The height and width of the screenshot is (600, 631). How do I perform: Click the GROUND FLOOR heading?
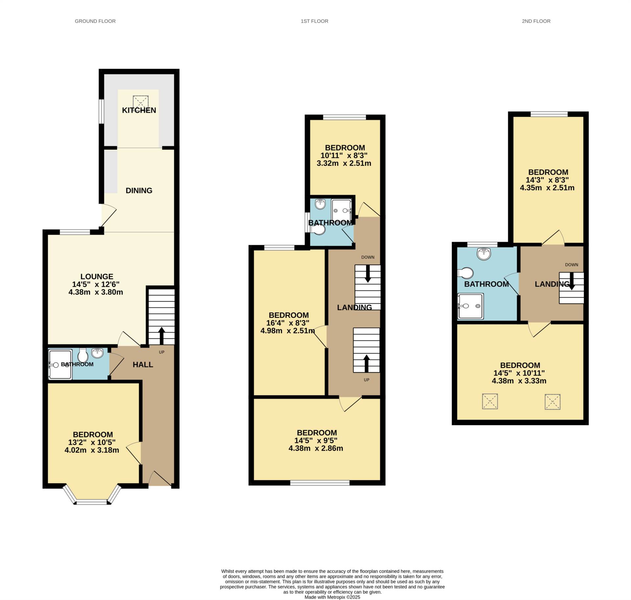[x=95, y=21]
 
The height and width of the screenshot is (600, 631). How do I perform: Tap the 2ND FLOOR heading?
[x=536, y=21]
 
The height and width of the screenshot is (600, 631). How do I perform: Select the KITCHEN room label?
[x=139, y=110]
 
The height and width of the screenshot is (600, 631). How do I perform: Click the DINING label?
[x=139, y=190]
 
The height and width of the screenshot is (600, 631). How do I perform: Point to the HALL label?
[x=143, y=365]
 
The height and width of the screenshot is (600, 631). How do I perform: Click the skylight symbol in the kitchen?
[x=141, y=101]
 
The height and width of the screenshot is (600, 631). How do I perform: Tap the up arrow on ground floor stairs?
[x=162, y=335]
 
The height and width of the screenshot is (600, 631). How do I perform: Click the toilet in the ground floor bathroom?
[x=83, y=355]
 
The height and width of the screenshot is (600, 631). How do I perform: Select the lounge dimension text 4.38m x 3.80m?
[x=96, y=292]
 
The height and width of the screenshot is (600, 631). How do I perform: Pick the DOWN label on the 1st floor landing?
[x=368, y=257]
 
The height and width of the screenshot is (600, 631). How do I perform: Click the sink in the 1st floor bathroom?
[x=320, y=204]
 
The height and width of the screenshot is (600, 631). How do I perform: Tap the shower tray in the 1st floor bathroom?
[x=341, y=210]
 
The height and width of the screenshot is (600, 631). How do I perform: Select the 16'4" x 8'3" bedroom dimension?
[x=288, y=323]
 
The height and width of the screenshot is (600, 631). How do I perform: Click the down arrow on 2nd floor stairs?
[x=572, y=281]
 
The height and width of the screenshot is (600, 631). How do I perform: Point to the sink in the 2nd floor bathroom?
[x=484, y=254]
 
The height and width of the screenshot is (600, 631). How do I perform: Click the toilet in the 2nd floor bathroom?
[x=465, y=273]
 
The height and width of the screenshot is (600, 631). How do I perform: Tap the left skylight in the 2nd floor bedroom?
[x=490, y=401]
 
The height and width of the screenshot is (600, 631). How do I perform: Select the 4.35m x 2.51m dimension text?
[x=547, y=188]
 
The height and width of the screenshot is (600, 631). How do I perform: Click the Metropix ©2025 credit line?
[x=332, y=597]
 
